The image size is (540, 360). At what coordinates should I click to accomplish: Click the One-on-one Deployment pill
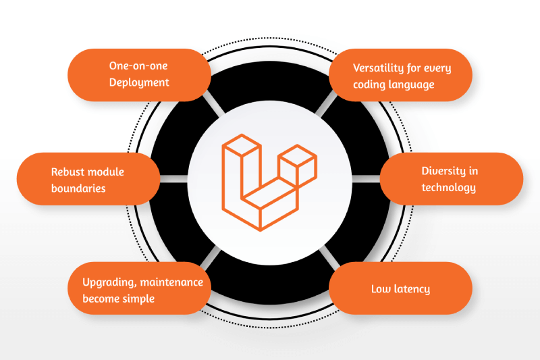click(139, 75)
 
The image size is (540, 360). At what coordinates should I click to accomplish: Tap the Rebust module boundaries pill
click(88, 179)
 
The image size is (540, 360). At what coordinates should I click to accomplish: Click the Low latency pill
click(400, 288)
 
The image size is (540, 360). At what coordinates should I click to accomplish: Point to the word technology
click(449, 187)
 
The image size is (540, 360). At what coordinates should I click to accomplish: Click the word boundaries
click(78, 188)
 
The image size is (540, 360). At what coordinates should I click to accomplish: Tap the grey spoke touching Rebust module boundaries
click(174, 179)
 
